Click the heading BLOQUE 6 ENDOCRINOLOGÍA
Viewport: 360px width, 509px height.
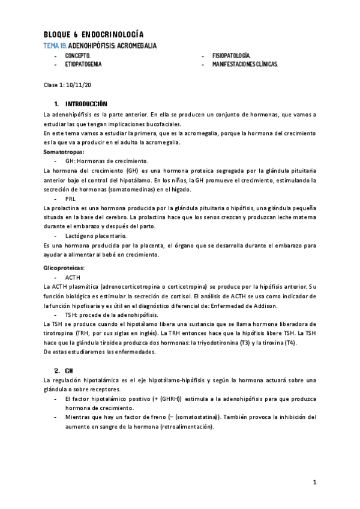pyautogui.click(x=93, y=35)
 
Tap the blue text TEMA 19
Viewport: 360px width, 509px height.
pyautogui.click(x=56, y=46)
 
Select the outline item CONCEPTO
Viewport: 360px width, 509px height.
pyautogui.click(x=78, y=55)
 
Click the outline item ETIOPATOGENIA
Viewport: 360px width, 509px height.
pyautogui.click(x=83, y=63)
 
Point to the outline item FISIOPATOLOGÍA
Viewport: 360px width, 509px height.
pyautogui.click(x=232, y=55)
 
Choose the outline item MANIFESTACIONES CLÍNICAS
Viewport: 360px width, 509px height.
pyautogui.click(x=245, y=63)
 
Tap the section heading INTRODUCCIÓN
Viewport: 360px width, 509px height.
pyautogui.click(x=86, y=104)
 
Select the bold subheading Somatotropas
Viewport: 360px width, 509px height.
pyautogui.click(x=64, y=152)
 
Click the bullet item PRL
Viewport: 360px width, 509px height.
pyautogui.click(x=71, y=198)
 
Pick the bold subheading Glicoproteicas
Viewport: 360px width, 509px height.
pyautogui.click(x=64, y=267)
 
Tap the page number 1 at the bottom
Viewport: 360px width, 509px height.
pyautogui.click(x=314, y=483)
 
